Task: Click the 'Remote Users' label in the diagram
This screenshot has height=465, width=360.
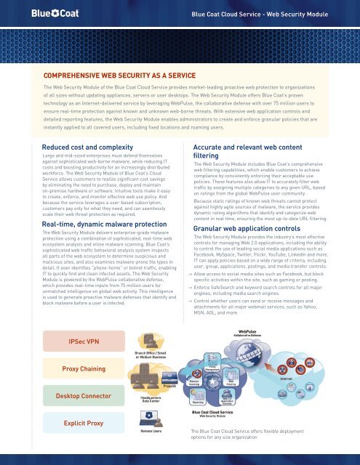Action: point(150,429)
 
